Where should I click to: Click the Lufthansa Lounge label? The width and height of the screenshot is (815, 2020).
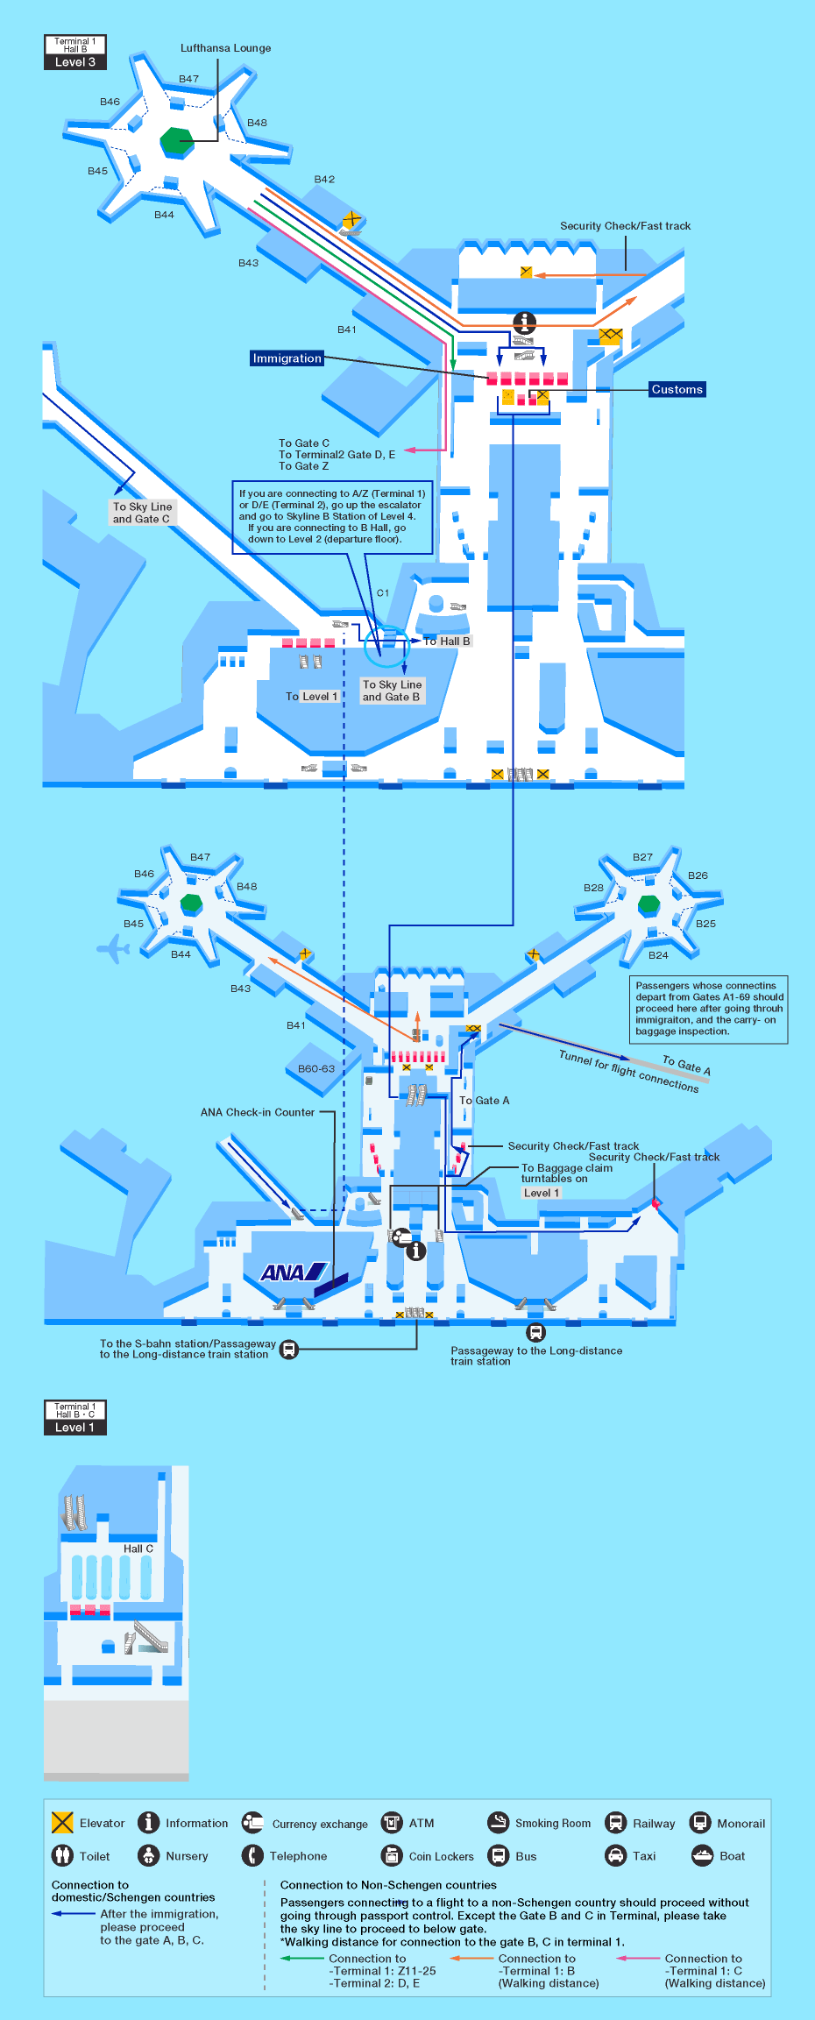(x=225, y=48)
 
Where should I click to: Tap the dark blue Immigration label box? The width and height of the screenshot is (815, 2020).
(x=287, y=358)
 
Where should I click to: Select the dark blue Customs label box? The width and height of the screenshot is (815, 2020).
(x=677, y=389)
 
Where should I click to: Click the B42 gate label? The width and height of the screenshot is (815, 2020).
(x=324, y=179)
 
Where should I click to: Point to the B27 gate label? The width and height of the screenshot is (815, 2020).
(x=642, y=857)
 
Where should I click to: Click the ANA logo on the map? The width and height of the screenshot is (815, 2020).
(x=294, y=1272)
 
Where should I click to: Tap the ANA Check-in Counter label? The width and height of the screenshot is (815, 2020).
(x=257, y=1112)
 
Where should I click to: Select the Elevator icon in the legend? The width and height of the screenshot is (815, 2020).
(x=62, y=1823)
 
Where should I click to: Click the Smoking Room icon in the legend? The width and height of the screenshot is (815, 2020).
(x=498, y=1822)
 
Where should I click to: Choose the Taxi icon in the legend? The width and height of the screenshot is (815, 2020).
(x=616, y=1855)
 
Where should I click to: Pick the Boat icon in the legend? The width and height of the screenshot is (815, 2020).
(x=702, y=1855)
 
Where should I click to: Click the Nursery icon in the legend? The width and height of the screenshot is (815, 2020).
(x=149, y=1855)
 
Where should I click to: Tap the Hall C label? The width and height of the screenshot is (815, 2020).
(x=138, y=1549)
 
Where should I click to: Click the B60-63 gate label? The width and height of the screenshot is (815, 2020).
(x=315, y=1068)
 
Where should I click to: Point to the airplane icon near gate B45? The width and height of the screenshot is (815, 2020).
(x=113, y=948)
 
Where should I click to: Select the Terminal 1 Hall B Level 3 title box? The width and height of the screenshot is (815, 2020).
(x=74, y=52)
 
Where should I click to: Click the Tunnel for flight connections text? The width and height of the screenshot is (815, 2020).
(x=628, y=1071)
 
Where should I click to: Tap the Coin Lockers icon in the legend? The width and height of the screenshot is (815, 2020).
(x=392, y=1855)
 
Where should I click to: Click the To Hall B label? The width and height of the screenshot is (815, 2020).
(x=446, y=641)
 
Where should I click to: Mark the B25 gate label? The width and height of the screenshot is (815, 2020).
(x=705, y=924)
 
